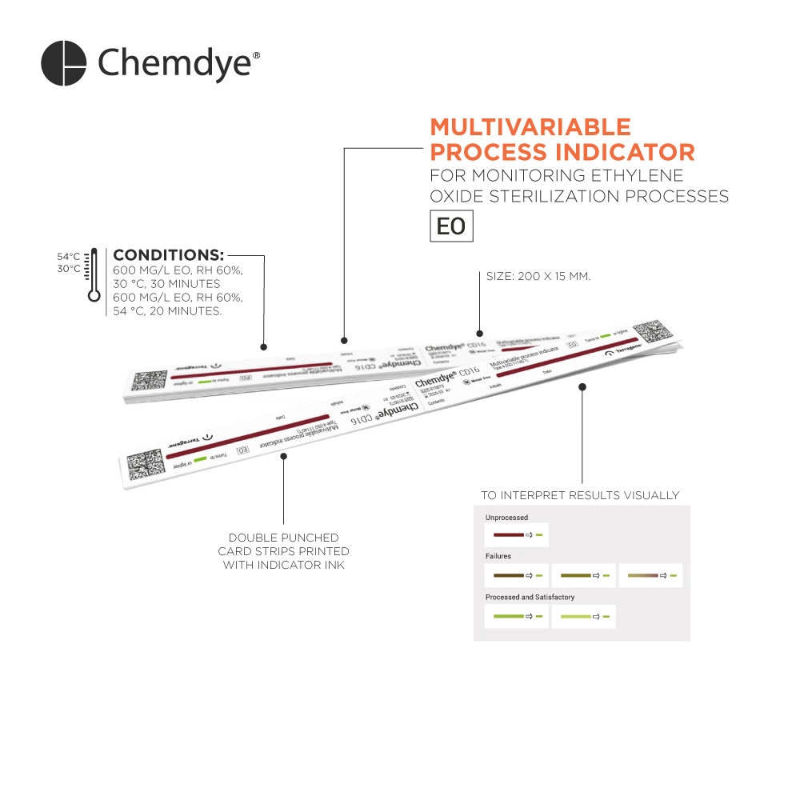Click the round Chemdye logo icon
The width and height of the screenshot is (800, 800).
click(x=63, y=63)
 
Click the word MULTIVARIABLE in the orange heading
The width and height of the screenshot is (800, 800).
click(x=530, y=127)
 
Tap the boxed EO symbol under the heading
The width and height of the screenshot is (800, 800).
click(x=450, y=226)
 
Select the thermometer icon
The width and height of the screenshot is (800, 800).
click(x=94, y=274)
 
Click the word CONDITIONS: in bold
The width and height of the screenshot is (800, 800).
click(x=169, y=255)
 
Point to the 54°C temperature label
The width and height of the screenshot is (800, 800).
click(x=68, y=257)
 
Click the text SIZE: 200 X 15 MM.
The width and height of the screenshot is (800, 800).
click(x=538, y=276)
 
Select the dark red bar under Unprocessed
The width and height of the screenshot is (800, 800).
click(x=508, y=534)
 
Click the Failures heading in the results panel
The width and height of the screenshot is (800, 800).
click(x=498, y=555)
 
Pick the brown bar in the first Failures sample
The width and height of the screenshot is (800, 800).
click(x=508, y=575)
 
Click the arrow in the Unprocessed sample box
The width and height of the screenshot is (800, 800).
click(x=529, y=534)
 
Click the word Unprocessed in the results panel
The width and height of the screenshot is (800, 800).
click(x=506, y=518)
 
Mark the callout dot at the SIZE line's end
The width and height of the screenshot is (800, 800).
click(x=480, y=334)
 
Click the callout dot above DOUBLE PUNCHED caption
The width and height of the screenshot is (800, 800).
click(x=284, y=455)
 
